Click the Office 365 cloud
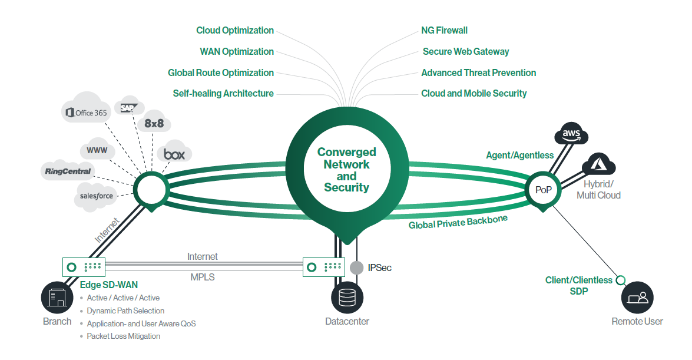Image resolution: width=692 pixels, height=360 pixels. (87, 112)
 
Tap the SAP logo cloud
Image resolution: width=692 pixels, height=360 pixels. (128, 107)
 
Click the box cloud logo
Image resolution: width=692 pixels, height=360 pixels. (174, 154)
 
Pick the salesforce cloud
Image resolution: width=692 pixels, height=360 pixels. (97, 196)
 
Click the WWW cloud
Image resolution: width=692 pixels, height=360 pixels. (97, 150)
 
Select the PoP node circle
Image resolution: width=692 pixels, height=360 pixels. (542, 190)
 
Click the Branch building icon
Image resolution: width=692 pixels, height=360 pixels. (57, 298)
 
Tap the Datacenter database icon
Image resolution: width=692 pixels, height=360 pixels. (347, 298)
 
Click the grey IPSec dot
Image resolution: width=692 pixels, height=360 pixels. (356, 267)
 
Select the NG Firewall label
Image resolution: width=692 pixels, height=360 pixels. (444, 30)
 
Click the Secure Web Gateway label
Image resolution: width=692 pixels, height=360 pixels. (465, 51)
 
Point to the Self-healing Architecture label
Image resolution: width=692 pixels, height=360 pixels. (223, 93)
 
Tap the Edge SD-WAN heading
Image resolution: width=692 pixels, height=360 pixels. (109, 285)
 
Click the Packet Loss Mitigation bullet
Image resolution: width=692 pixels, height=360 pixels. (123, 336)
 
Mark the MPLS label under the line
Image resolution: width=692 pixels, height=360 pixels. (203, 277)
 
